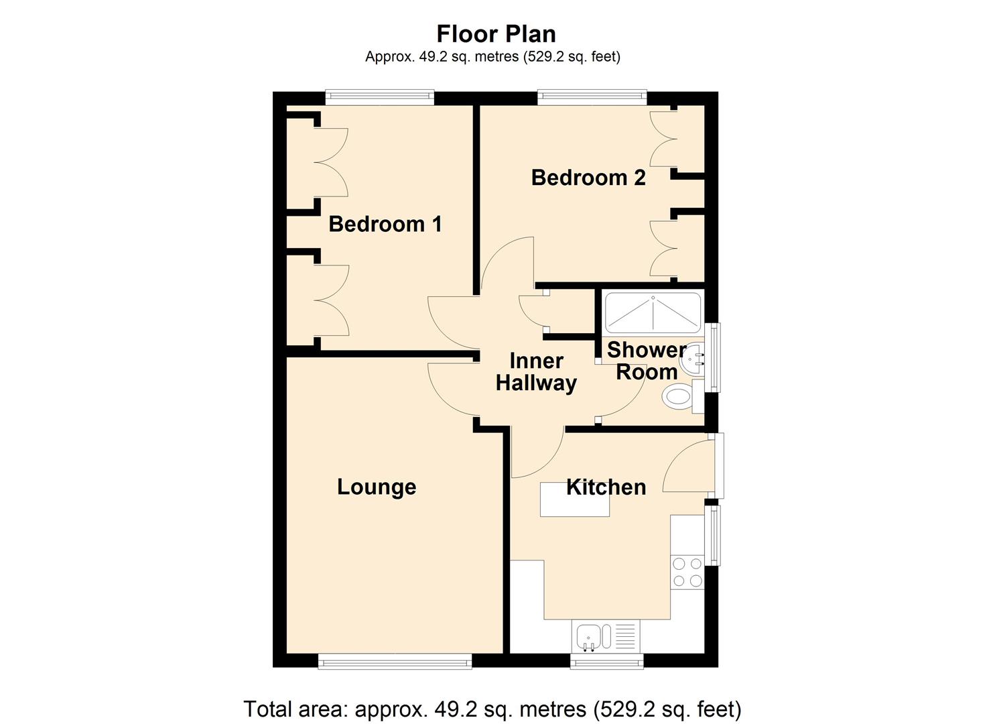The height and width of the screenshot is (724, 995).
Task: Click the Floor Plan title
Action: click(x=496, y=34)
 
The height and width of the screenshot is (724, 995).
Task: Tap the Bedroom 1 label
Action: click(x=385, y=224)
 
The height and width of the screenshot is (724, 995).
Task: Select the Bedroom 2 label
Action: click(x=588, y=178)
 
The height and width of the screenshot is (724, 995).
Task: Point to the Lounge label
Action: click(x=377, y=487)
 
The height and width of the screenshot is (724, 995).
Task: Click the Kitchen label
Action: click(x=606, y=487)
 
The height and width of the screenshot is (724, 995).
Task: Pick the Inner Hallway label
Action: click(x=536, y=372)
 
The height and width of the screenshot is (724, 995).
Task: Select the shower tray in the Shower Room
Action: click(x=653, y=312)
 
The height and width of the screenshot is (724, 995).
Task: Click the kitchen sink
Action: click(x=606, y=636)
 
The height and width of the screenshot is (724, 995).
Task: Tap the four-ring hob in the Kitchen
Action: click(x=687, y=572)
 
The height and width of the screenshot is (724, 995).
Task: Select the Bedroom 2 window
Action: click(x=592, y=98)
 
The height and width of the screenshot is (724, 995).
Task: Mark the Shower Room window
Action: click(x=713, y=358)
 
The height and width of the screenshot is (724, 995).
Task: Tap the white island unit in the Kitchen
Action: click(x=574, y=499)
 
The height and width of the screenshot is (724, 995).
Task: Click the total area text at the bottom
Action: click(x=492, y=709)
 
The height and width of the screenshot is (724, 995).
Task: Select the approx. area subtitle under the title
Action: click(x=492, y=56)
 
